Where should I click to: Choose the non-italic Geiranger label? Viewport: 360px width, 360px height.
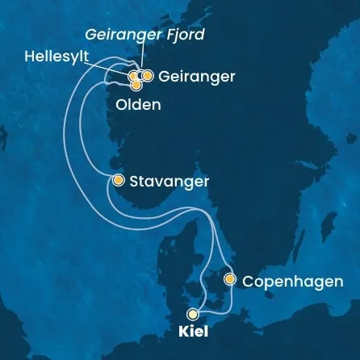(x=198, y=77)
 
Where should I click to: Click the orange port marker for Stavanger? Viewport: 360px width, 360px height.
(x=119, y=181)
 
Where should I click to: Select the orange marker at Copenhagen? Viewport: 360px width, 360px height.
(x=230, y=280)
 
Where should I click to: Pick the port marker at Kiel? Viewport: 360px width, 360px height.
(x=192, y=314)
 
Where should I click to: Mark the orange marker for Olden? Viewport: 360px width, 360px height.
(x=136, y=84)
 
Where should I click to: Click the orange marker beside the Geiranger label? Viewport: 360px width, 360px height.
(x=148, y=76)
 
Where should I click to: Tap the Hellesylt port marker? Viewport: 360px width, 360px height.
(x=133, y=76)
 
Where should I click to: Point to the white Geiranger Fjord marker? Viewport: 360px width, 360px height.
(x=140, y=76)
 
